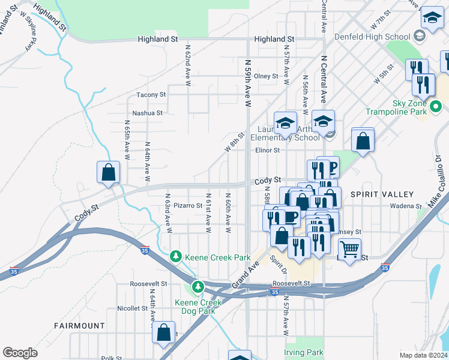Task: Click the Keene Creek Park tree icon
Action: [x=175, y=257]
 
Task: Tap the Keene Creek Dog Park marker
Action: [x=198, y=285]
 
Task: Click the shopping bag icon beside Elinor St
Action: [x=363, y=142]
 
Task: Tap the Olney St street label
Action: [x=266, y=76]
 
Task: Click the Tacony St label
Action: [x=150, y=95]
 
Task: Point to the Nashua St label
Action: [x=147, y=113]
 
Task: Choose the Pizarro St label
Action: [x=188, y=205]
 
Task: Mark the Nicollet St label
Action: [x=132, y=308]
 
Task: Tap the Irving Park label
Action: [x=304, y=352]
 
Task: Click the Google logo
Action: [x=20, y=353]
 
